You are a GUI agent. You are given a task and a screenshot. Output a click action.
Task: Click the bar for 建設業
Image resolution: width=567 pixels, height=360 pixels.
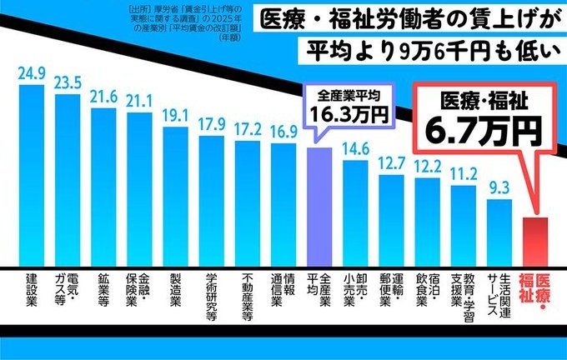click(31, 175)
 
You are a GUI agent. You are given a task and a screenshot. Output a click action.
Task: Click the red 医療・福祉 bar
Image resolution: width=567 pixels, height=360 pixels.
click(534, 242)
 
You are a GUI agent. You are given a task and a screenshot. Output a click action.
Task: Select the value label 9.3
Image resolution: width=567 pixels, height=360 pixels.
click(499, 187)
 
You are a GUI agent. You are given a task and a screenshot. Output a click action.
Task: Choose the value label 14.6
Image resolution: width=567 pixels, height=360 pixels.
click(355, 149)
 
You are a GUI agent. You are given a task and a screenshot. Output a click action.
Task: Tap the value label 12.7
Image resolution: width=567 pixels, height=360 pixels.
click(391, 163)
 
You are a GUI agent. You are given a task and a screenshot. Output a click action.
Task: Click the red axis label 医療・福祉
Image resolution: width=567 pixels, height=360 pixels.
click(534, 296)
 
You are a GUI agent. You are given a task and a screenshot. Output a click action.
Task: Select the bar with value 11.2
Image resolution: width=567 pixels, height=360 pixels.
click(463, 226)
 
